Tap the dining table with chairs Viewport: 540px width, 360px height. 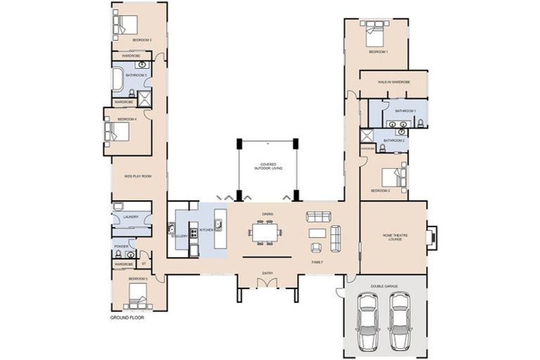[x=266, y=231]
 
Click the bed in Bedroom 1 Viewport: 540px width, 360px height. [x=373, y=33]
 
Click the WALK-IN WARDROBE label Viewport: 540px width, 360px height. [x=393, y=82]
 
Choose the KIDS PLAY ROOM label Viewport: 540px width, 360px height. [x=139, y=176]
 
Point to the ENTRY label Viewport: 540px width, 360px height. [x=267, y=273]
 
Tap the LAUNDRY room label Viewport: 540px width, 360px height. [x=131, y=217]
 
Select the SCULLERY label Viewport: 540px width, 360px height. [x=179, y=236]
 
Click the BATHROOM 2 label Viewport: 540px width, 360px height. [x=394, y=141]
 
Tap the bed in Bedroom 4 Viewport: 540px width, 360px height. [x=115, y=131]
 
